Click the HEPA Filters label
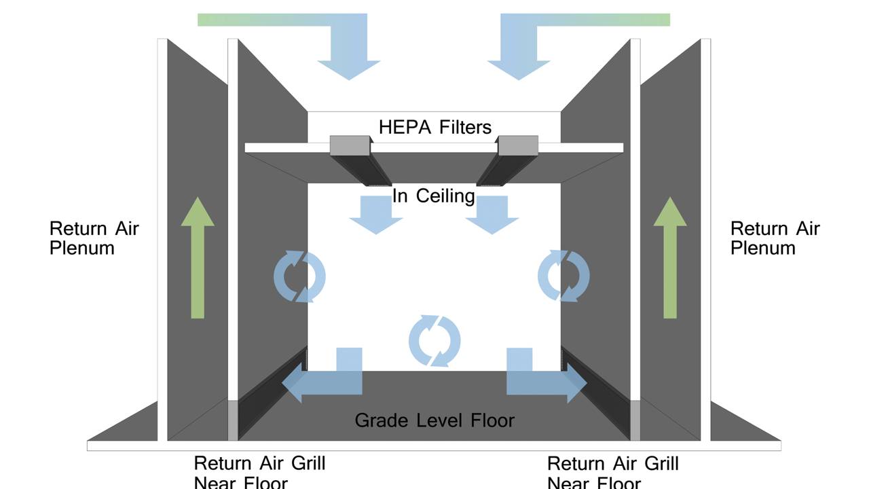point(434,127)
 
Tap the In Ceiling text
point(433,196)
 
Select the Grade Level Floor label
point(434,420)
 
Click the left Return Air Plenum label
point(94,238)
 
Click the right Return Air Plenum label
point(775,238)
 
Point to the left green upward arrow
point(198,258)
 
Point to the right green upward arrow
point(669,258)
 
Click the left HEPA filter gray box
point(350,145)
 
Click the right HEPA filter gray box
point(518,145)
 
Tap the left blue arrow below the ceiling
point(375,215)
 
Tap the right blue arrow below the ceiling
point(492,215)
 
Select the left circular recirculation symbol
point(299,276)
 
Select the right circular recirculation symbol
point(563,276)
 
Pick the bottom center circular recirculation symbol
point(434,341)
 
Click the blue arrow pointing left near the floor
point(326,380)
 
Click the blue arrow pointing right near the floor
point(543,380)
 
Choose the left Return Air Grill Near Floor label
point(259,473)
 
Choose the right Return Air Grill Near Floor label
point(612,473)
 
